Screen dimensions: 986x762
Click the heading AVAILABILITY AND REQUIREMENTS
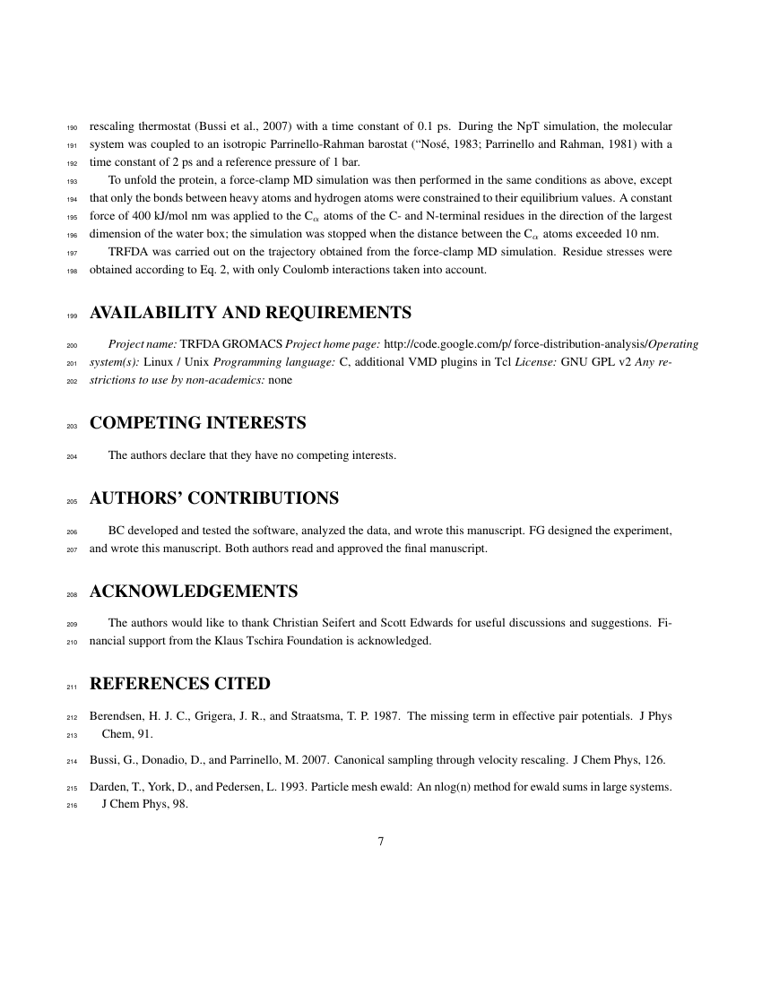click(251, 313)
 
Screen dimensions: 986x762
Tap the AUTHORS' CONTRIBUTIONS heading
click(214, 497)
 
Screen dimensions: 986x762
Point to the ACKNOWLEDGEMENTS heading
click(194, 592)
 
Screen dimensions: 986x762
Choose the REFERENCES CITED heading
click(180, 684)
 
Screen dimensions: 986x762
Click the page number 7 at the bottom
click(381, 842)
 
